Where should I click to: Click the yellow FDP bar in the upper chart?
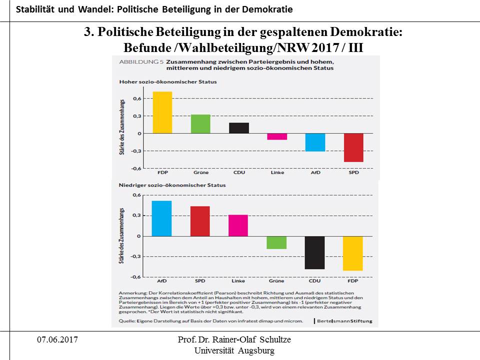(x=162, y=112)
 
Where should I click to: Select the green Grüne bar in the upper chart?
(x=201, y=124)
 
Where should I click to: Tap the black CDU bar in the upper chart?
(x=239, y=128)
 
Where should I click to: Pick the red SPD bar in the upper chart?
(x=353, y=147)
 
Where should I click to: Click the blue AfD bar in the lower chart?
(x=161, y=218)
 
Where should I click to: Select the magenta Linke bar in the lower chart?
(x=238, y=225)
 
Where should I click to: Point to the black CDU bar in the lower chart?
(x=314, y=252)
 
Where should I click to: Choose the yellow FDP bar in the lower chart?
(x=353, y=253)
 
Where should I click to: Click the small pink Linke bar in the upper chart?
(x=277, y=136)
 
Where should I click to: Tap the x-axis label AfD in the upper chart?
(x=315, y=173)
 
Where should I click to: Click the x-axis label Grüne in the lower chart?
(x=276, y=281)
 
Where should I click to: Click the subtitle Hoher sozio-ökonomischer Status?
(x=167, y=82)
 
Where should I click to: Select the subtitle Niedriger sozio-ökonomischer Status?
(x=172, y=185)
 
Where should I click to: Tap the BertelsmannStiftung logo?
(x=345, y=320)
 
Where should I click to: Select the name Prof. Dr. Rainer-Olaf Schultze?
(x=234, y=340)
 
